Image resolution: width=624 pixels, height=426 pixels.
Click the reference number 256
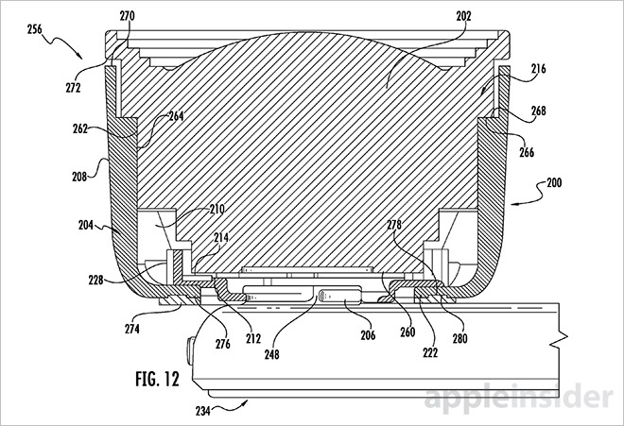coord(35,29)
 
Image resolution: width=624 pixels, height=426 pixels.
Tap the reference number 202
coord(463,16)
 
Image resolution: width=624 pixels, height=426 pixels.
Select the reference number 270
coord(128,16)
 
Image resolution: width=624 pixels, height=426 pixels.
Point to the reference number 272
coord(73,88)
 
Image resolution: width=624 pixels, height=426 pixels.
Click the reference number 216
coord(539,69)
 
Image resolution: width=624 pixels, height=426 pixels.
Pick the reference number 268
coord(539,111)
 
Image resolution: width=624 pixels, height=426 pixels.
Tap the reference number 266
coord(527,152)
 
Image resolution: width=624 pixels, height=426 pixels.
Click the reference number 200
coord(554,182)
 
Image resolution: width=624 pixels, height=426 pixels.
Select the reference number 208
coord(79,177)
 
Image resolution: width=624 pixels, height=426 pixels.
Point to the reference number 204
coord(86,225)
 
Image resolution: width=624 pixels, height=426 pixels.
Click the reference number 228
coord(95,280)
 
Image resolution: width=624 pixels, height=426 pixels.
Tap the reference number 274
coord(132,329)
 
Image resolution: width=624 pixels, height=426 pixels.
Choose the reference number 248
coord(272,354)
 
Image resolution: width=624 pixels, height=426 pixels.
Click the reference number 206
coord(368,335)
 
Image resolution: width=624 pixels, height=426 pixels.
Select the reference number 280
coord(460,338)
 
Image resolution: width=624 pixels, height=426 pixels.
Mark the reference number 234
coord(203,411)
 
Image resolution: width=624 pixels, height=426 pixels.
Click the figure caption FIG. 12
coord(158,379)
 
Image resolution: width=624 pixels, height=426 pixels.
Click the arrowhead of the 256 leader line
coord(81,57)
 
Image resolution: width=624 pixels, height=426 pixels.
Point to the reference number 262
coord(80,128)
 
